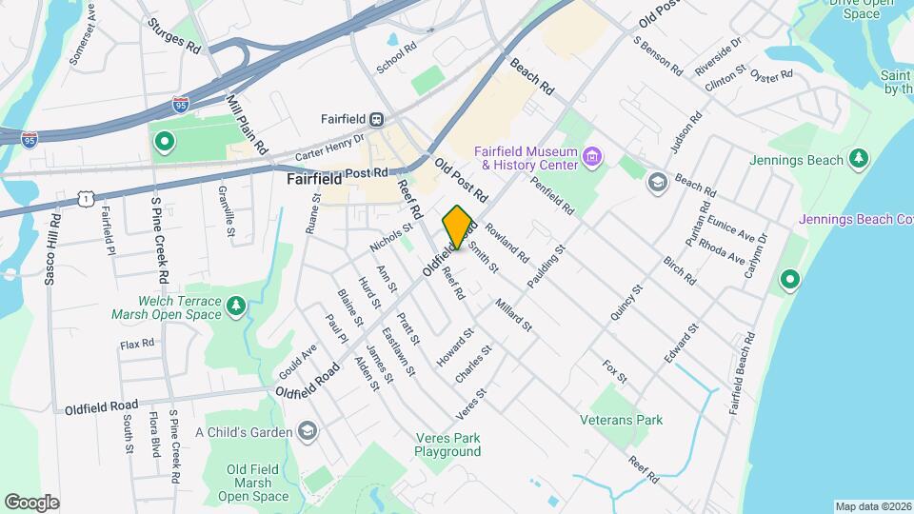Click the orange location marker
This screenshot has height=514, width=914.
(458, 227)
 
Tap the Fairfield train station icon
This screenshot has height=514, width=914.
(378, 119)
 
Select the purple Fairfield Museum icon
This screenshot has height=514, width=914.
(593, 155)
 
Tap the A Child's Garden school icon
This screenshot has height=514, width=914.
(308, 432)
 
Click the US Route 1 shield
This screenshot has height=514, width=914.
(86, 196)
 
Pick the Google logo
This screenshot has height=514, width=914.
(31, 502)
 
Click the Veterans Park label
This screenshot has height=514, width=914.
(622, 420)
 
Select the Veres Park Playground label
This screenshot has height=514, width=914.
(447, 445)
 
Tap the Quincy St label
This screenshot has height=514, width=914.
(622, 300)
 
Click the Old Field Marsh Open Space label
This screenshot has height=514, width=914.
(252, 483)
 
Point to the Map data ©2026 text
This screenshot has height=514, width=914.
(872, 506)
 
